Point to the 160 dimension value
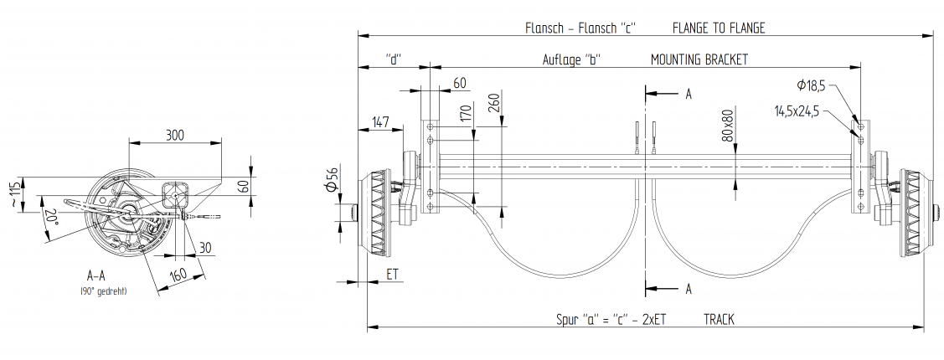pyautogui.click(x=178, y=274)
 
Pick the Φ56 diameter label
pyautogui.click(x=333, y=178)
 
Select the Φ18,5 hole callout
pyautogui.click(x=812, y=85)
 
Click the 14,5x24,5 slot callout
pyautogui.click(x=796, y=109)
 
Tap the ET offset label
pyautogui.click(x=393, y=274)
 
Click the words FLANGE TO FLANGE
pyautogui.click(x=719, y=28)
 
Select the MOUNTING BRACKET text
pyautogui.click(x=699, y=59)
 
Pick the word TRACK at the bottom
pyautogui.click(x=720, y=319)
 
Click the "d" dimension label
pyautogui.click(x=395, y=59)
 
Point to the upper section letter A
pyautogui.click(x=688, y=94)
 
